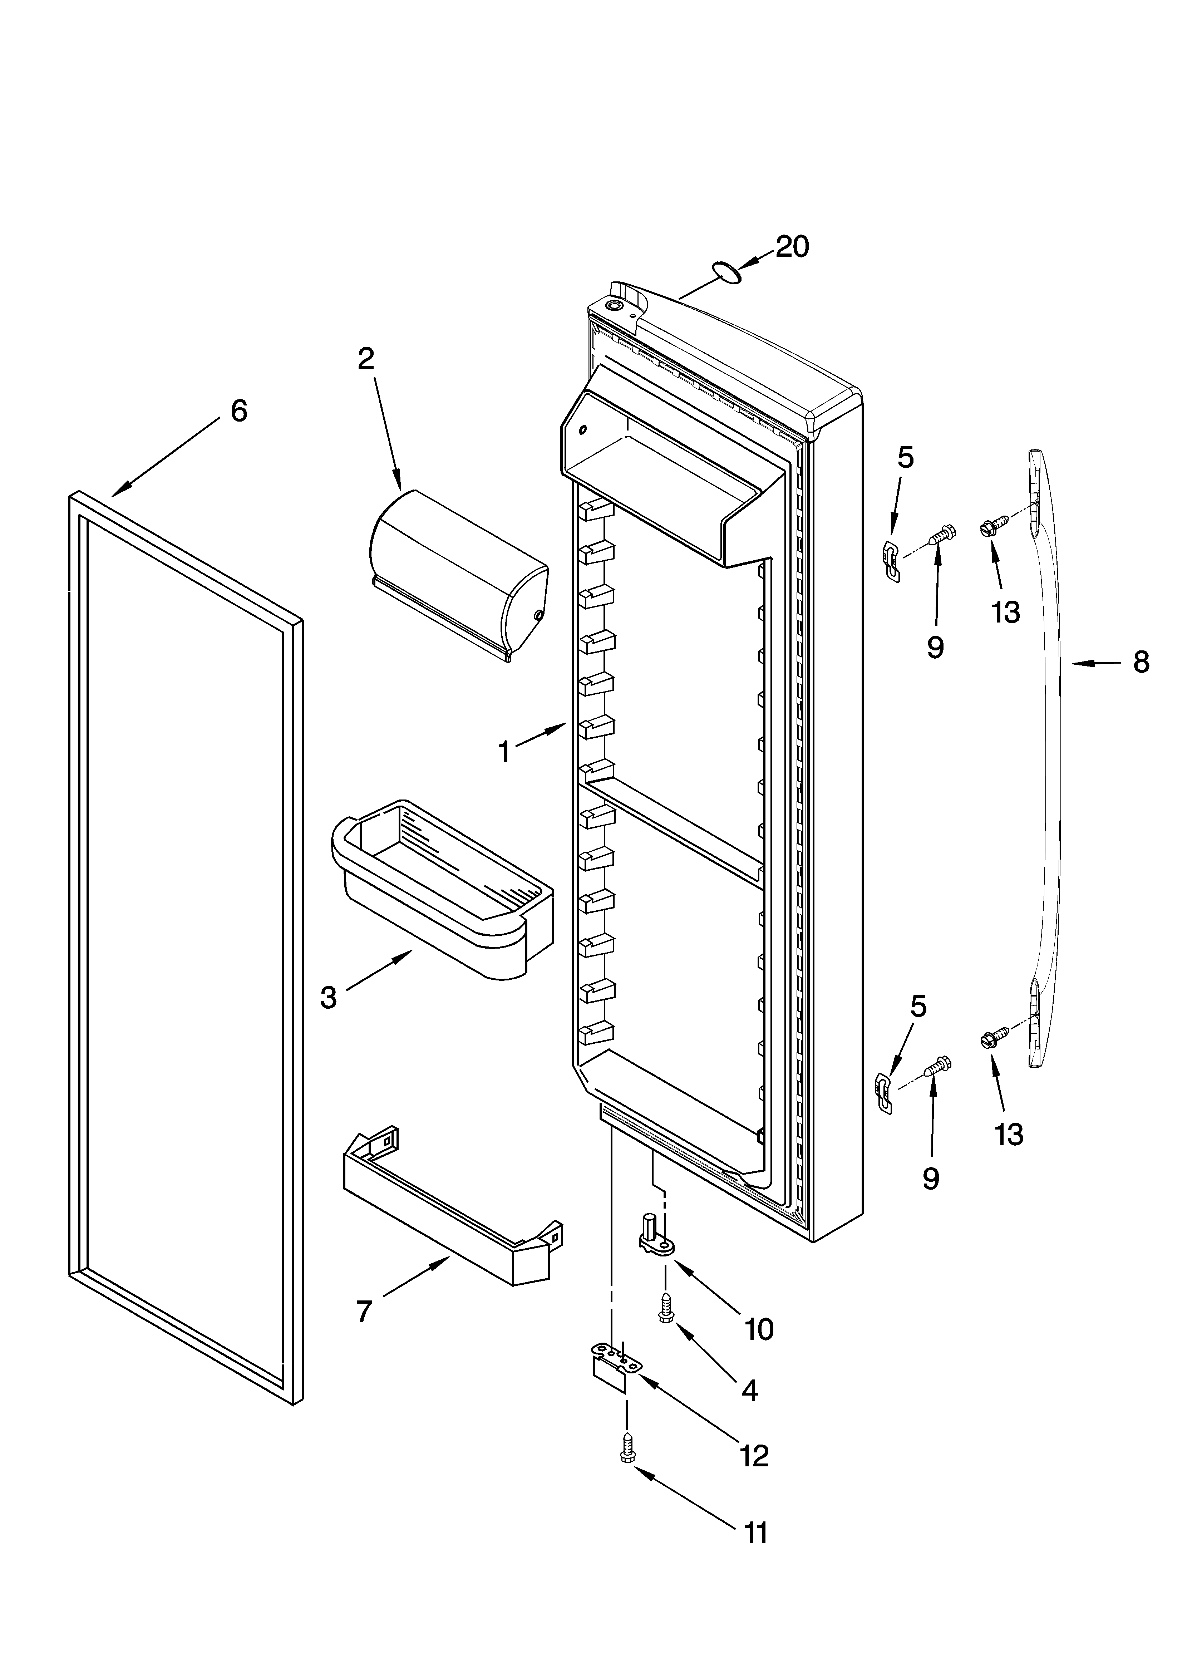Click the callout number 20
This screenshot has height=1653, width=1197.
click(792, 247)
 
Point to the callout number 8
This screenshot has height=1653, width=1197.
click(1141, 663)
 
